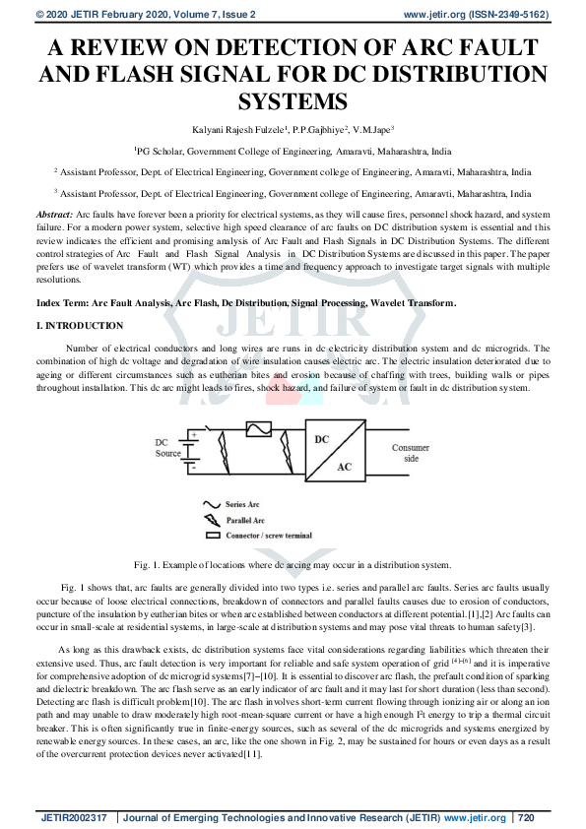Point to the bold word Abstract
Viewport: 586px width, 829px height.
click(53, 214)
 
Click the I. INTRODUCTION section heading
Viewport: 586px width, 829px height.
click(80, 326)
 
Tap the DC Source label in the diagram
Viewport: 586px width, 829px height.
click(168, 447)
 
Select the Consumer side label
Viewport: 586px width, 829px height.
click(411, 453)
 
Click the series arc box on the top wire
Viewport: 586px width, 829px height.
click(258, 429)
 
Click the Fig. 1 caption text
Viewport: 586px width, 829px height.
click(293, 564)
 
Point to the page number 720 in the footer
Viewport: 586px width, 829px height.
click(525, 818)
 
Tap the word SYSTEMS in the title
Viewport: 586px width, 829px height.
click(293, 102)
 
